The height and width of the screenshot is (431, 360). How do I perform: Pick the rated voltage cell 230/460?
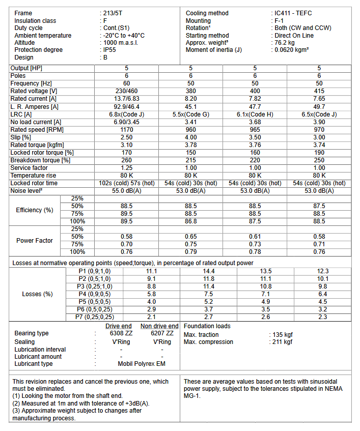126,91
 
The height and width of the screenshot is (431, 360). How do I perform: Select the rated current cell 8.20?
190,99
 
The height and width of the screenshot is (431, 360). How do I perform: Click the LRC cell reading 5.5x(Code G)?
190,114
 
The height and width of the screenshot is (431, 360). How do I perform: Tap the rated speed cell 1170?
126,129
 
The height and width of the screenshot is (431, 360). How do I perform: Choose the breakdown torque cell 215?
190,160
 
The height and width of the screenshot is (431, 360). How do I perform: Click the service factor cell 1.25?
126,167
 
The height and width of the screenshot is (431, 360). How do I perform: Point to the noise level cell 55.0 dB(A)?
126,191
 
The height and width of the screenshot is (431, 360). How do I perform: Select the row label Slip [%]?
21,137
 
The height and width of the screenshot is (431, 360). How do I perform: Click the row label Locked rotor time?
34,183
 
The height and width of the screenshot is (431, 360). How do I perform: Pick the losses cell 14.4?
209,271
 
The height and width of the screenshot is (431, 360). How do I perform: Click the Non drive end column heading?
159,326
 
